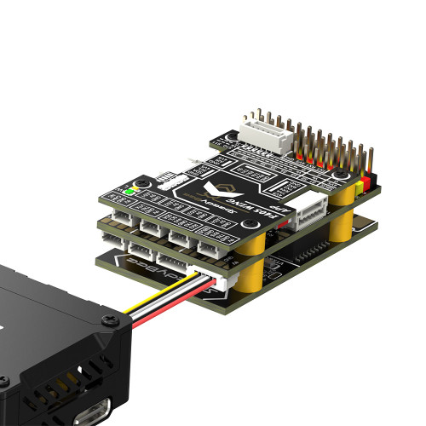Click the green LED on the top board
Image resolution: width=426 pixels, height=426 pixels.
coord(129,191)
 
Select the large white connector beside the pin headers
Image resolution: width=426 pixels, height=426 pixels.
coord(267,129)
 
